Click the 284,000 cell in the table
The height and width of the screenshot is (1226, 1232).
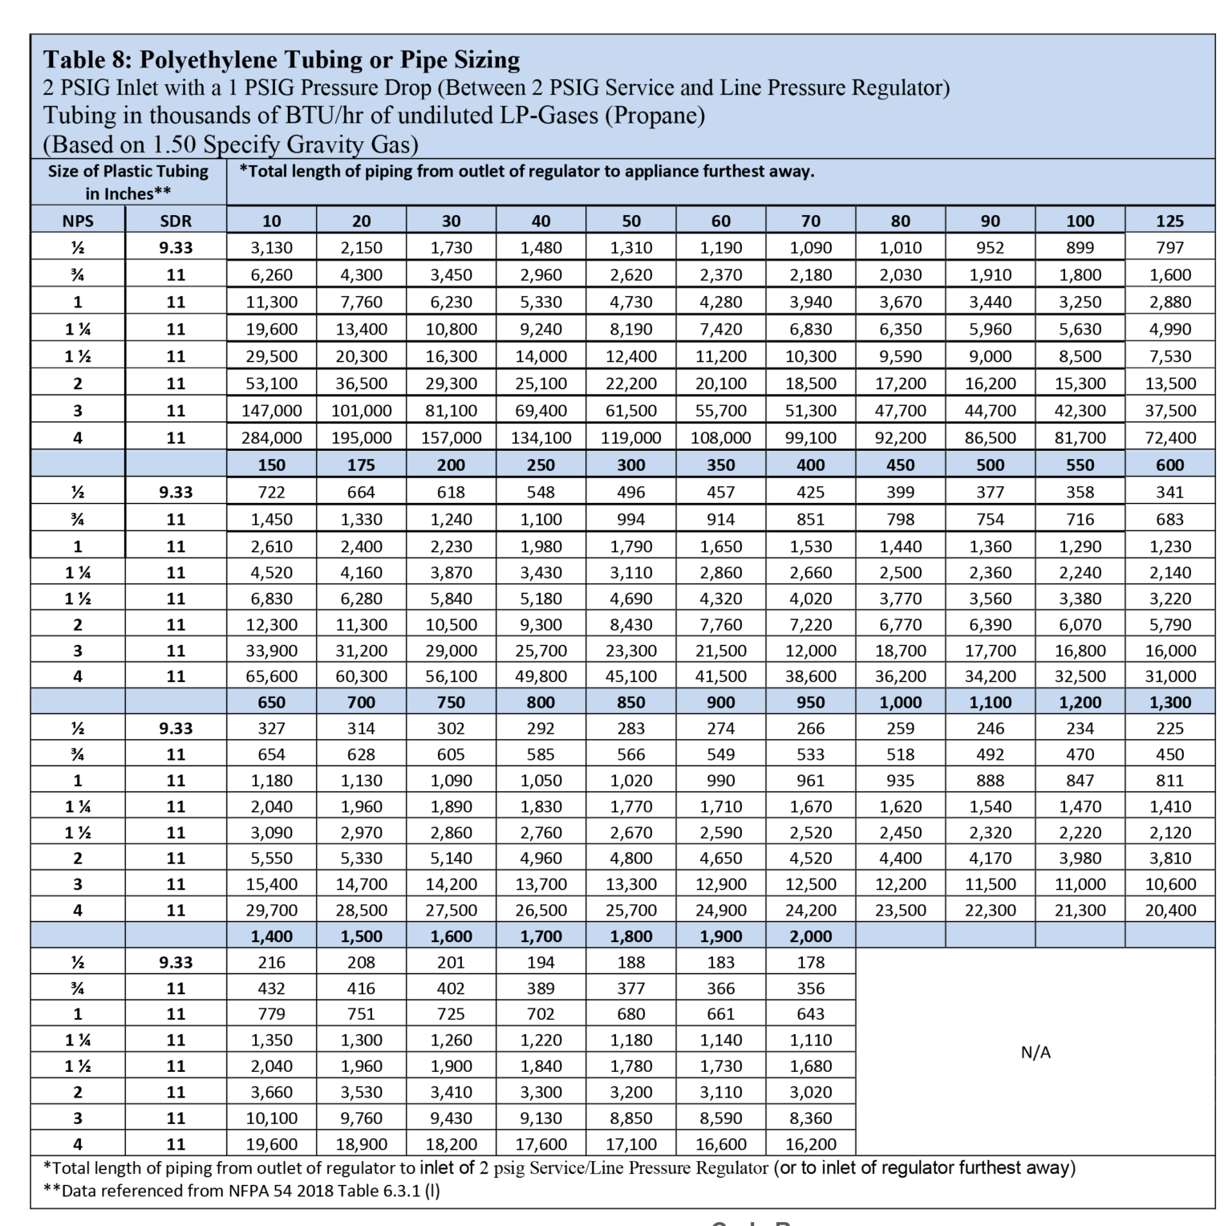(272, 438)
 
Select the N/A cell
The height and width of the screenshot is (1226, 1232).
(1035, 1053)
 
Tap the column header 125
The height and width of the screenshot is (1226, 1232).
(1169, 221)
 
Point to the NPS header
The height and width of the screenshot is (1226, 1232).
(78, 221)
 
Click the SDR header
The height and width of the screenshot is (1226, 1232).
(176, 221)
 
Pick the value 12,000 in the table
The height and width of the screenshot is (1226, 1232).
(811, 651)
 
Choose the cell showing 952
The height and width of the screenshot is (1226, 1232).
(991, 248)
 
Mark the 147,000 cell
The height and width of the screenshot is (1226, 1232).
(272, 411)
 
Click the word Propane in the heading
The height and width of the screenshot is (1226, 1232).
(654, 116)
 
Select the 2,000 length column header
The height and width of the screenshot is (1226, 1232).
(811, 936)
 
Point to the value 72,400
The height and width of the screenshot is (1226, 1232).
(1169, 438)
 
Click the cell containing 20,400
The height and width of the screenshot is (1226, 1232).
(1169, 911)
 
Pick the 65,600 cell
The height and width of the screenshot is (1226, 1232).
(272, 676)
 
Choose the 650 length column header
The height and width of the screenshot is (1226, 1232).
(272, 702)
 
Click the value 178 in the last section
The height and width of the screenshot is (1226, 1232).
(811, 962)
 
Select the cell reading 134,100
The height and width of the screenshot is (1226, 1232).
(541, 438)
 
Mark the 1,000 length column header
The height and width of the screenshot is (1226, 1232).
(901, 702)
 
